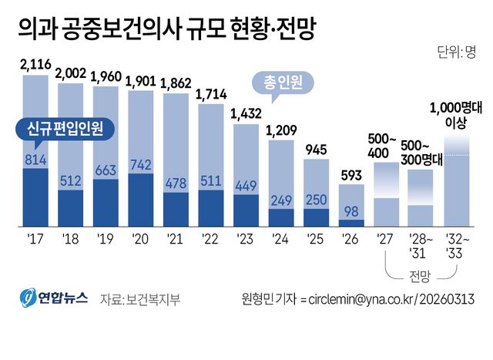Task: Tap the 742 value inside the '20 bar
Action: coord(140,164)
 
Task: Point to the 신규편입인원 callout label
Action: coord(64,127)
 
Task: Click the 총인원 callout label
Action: coord(279,79)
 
